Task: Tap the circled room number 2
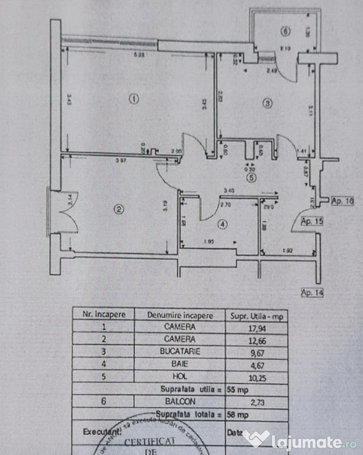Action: pyautogui.click(x=118, y=209)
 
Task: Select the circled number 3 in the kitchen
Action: pyautogui.click(x=267, y=104)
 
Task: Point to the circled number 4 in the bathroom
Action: pyautogui.click(x=221, y=225)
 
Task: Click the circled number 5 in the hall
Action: pyautogui.click(x=252, y=177)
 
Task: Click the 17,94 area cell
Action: pyautogui.click(x=256, y=327)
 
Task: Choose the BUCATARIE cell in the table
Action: pyautogui.click(x=179, y=351)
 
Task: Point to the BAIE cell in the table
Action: pyautogui.click(x=179, y=363)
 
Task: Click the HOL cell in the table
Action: pyautogui.click(x=179, y=374)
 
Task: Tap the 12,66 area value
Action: pyautogui.click(x=256, y=339)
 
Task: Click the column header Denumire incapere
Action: pyautogui.click(x=179, y=315)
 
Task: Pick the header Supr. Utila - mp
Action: pyautogui.click(x=256, y=315)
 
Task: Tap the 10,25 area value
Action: pyautogui.click(x=256, y=375)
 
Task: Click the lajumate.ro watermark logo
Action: pyautogui.click(x=300, y=440)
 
